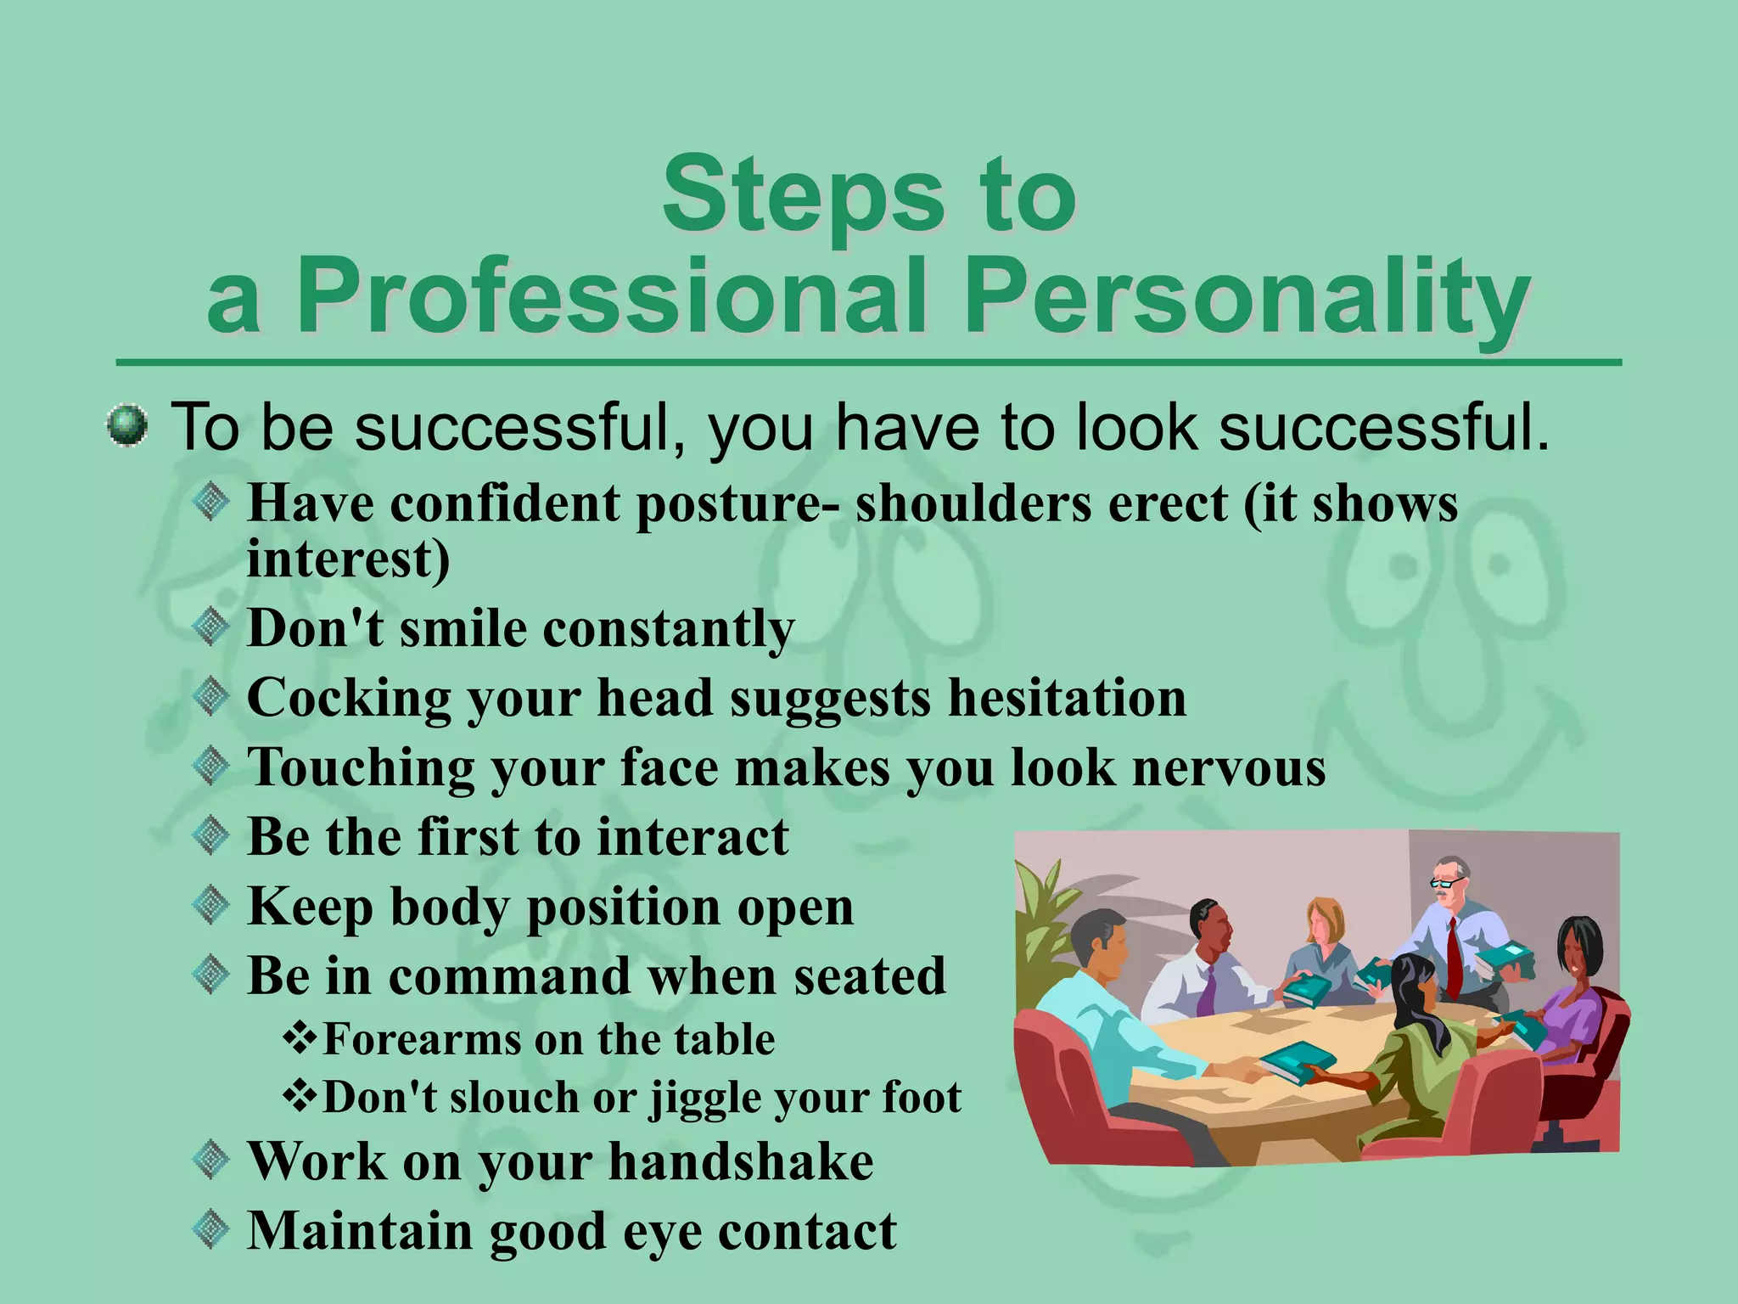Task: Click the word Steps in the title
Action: (x=803, y=194)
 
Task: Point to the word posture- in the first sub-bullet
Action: (x=738, y=503)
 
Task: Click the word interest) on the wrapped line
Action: (x=348, y=559)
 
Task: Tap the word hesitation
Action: (x=1067, y=698)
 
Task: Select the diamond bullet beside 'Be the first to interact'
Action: (x=210, y=835)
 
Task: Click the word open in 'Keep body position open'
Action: (x=796, y=907)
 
